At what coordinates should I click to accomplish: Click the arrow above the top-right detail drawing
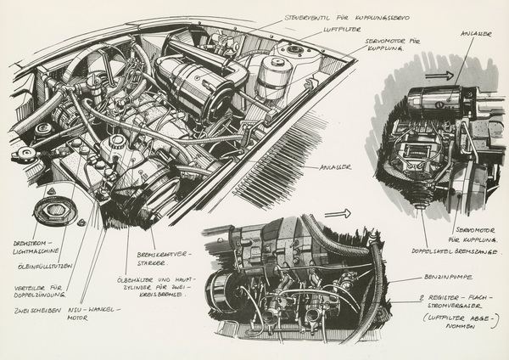click(439, 76)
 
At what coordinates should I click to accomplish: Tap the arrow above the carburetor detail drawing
click(337, 215)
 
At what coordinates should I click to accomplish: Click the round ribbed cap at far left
click(52, 212)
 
